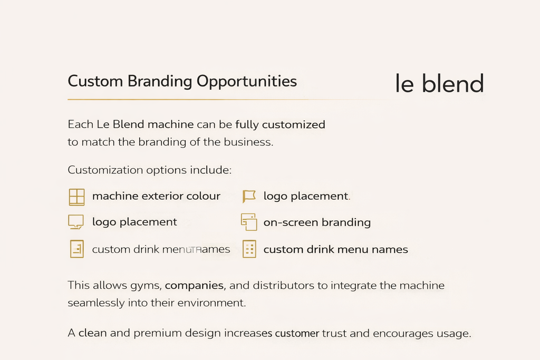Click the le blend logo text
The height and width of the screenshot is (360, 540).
point(439,84)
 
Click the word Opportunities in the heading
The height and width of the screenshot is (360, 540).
point(246,82)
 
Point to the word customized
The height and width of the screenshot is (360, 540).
point(294,125)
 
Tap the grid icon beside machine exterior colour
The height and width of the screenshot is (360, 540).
point(76,197)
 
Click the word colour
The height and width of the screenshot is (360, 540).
point(204,196)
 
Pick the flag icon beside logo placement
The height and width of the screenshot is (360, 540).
point(248,197)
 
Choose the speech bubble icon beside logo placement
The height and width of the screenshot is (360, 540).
point(76,222)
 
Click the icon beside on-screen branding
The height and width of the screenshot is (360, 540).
point(248,222)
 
